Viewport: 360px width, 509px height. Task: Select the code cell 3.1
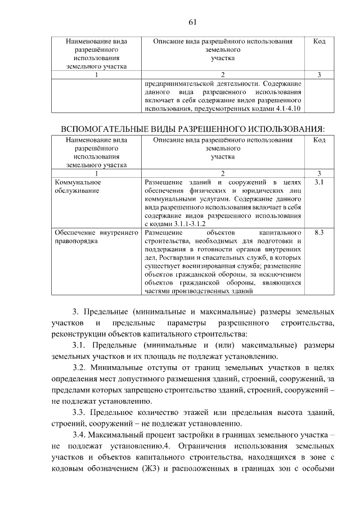tap(319, 182)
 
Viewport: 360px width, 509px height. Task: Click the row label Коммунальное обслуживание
tap(78, 187)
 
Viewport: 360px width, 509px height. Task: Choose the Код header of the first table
tap(319, 42)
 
